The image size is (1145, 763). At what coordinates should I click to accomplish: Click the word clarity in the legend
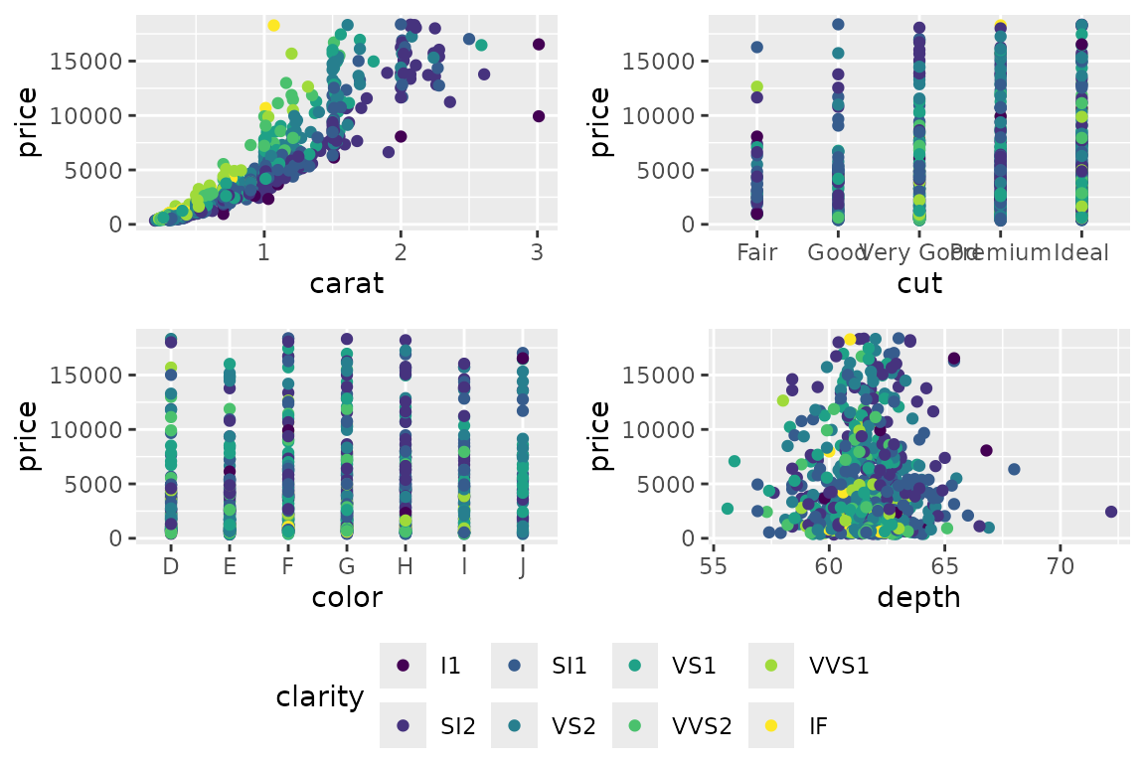click(x=320, y=696)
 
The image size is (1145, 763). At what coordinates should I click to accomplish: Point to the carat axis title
click(x=347, y=283)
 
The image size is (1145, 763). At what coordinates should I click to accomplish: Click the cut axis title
click(x=920, y=283)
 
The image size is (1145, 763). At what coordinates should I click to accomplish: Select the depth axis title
click(x=919, y=597)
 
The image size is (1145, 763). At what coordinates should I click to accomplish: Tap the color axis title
click(x=347, y=597)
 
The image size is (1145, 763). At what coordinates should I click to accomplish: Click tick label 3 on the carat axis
click(x=538, y=252)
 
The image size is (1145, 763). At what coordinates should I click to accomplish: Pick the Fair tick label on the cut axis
click(x=757, y=252)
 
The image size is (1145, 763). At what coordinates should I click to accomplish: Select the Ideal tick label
click(x=1081, y=252)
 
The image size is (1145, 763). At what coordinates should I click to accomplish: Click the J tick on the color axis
click(x=523, y=566)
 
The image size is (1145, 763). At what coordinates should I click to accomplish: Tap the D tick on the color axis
click(x=171, y=566)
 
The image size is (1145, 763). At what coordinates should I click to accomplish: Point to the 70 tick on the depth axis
click(x=1062, y=566)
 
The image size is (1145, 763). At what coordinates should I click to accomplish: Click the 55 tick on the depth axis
click(x=713, y=566)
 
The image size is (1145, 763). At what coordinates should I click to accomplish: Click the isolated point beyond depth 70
click(x=1111, y=512)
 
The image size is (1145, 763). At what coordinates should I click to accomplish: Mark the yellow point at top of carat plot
click(x=273, y=25)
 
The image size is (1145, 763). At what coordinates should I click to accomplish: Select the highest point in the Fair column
click(x=756, y=47)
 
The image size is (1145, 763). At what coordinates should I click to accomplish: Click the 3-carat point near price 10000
click(x=539, y=116)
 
